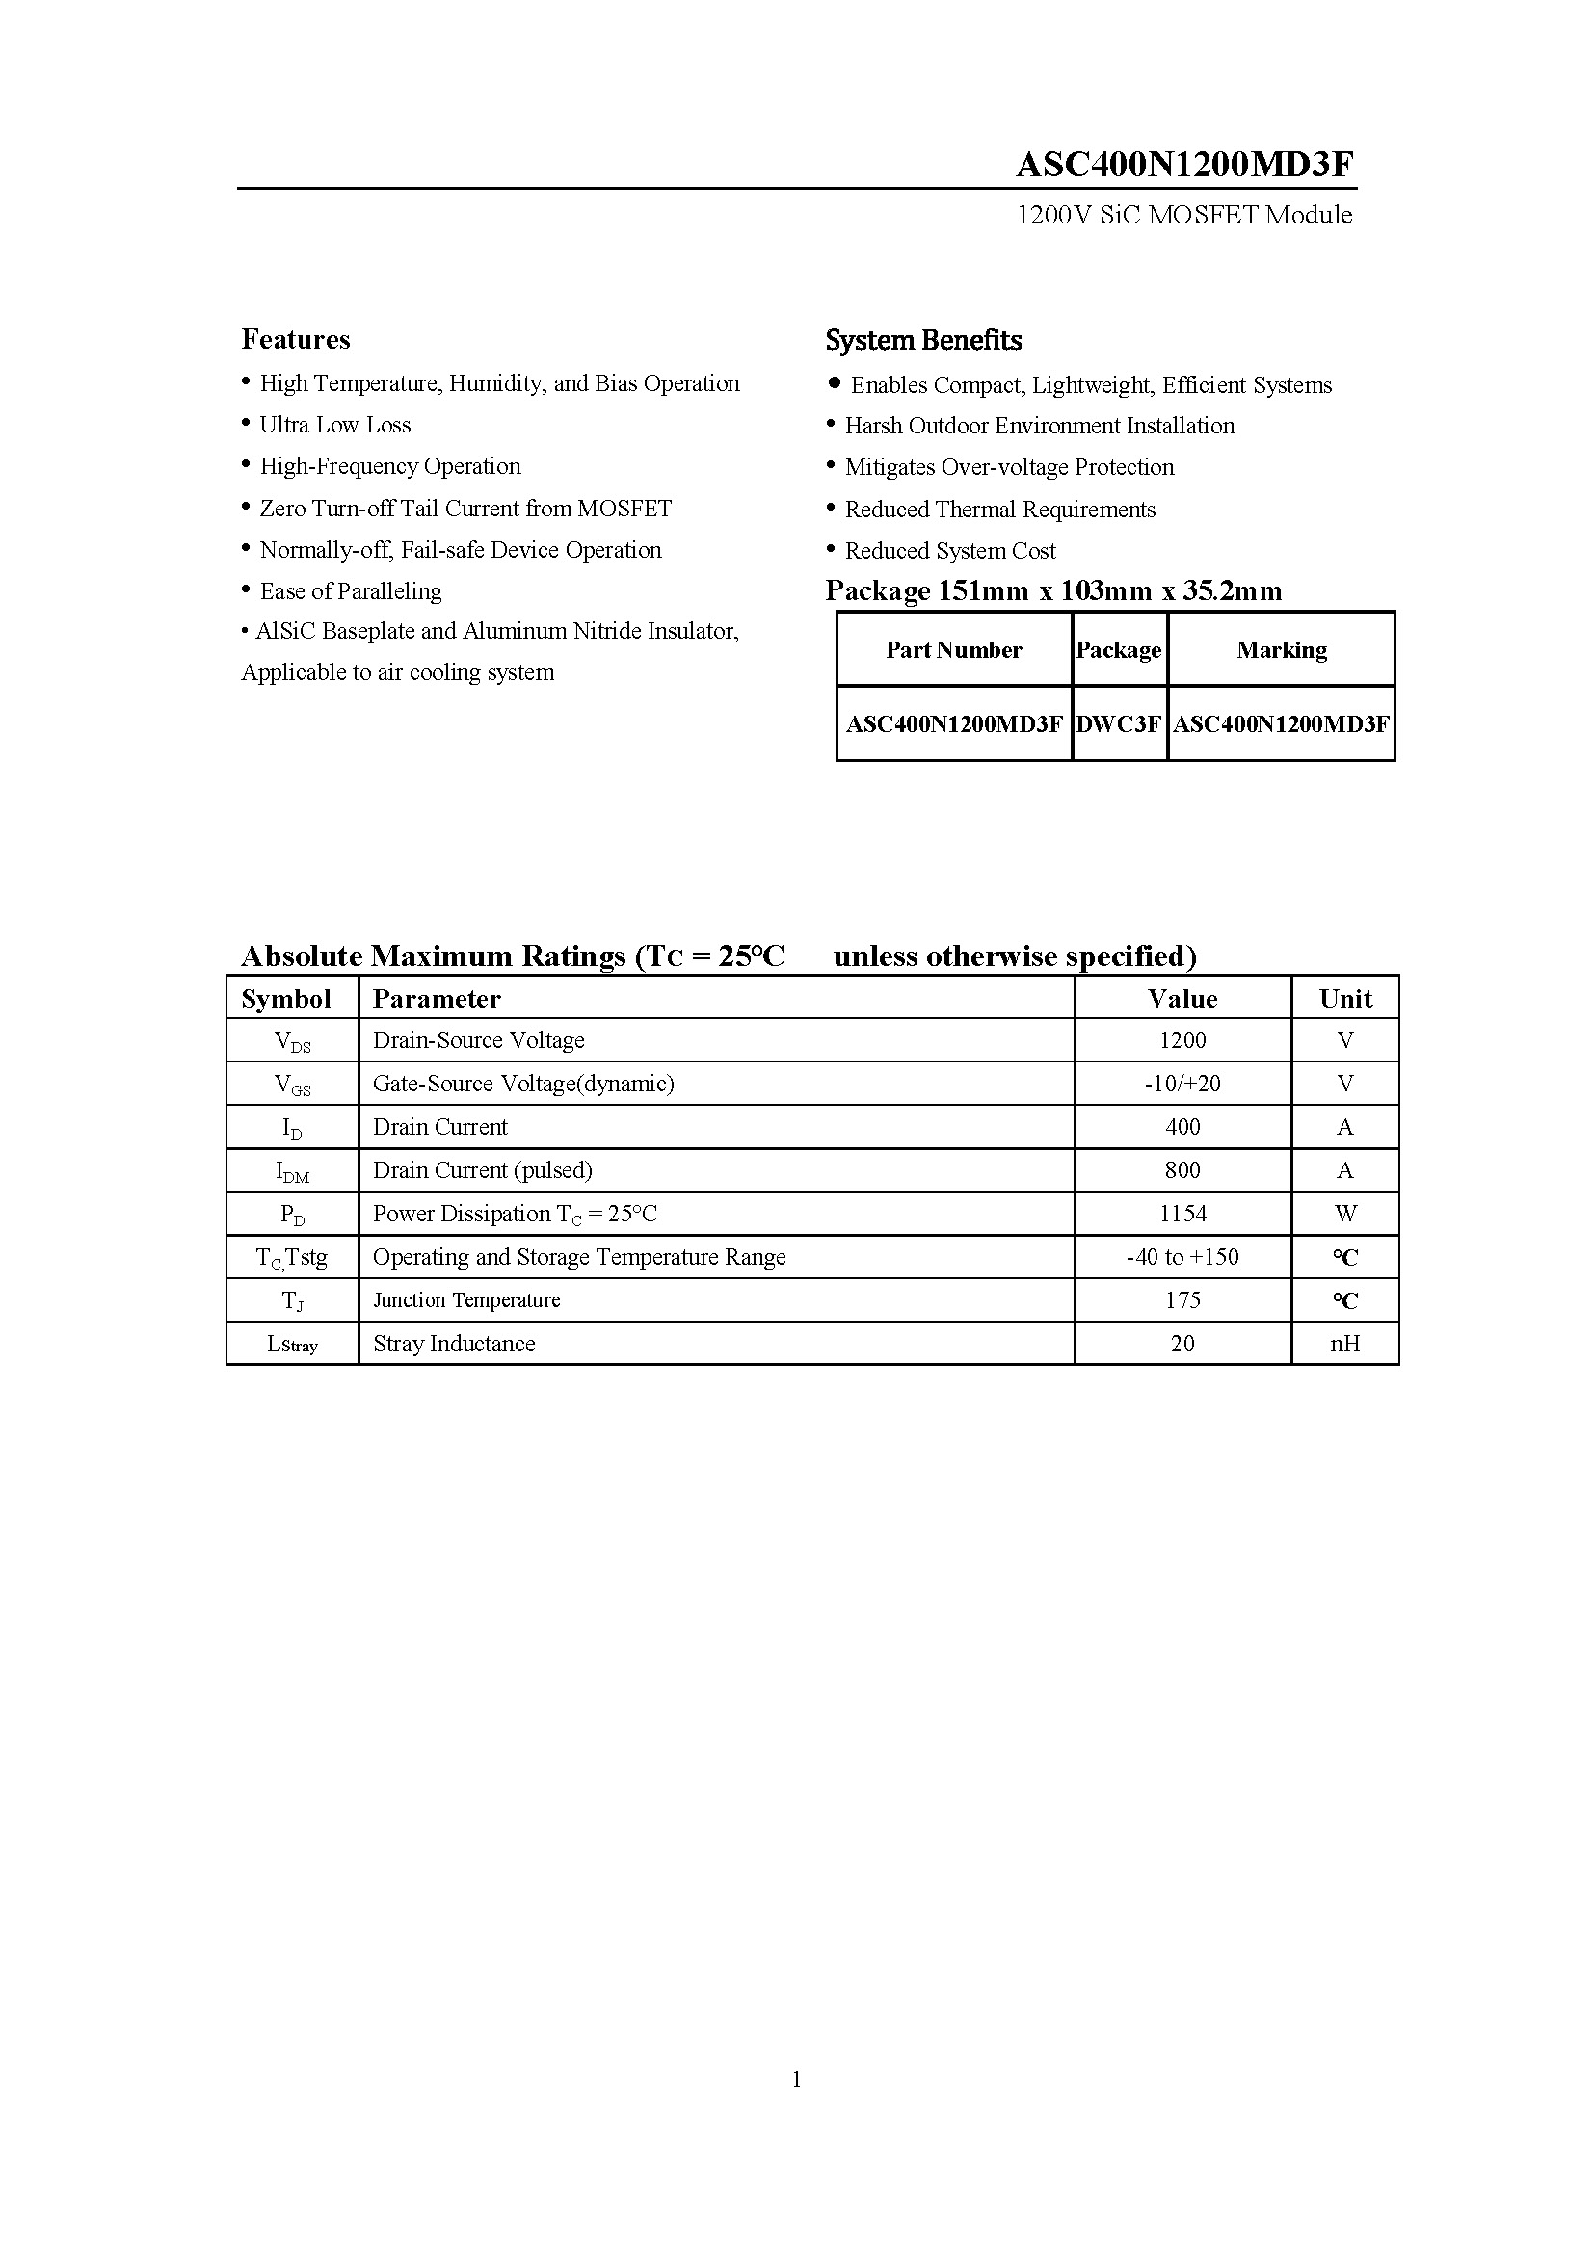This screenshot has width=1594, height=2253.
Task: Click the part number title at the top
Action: [x=1183, y=165]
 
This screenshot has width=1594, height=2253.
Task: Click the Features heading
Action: [x=296, y=339]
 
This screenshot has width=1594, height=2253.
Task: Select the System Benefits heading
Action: [x=922, y=340]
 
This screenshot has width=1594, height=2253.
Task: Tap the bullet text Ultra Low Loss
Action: [x=334, y=425]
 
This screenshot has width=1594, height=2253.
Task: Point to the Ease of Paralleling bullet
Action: [x=351, y=591]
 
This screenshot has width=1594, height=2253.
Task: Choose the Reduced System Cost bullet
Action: [x=949, y=551]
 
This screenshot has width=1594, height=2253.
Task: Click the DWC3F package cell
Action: [x=1118, y=724]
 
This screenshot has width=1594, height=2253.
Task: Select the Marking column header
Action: [x=1281, y=649]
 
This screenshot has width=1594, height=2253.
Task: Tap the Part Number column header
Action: [x=953, y=649]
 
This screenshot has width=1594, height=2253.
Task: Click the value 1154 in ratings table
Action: [x=1182, y=1214]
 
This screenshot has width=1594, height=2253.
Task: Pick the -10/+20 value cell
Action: [x=1182, y=1084]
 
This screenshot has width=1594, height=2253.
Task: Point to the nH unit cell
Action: [x=1344, y=1344]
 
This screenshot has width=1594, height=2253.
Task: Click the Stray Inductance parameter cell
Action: [x=454, y=1344]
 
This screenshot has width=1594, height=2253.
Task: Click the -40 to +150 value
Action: [x=1182, y=1257]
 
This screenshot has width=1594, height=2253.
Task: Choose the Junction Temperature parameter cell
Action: [x=466, y=1300]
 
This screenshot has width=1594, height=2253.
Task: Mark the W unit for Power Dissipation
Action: [x=1344, y=1214]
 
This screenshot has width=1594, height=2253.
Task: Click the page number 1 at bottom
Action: [x=796, y=2079]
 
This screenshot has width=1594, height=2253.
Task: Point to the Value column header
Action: [x=1182, y=999]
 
